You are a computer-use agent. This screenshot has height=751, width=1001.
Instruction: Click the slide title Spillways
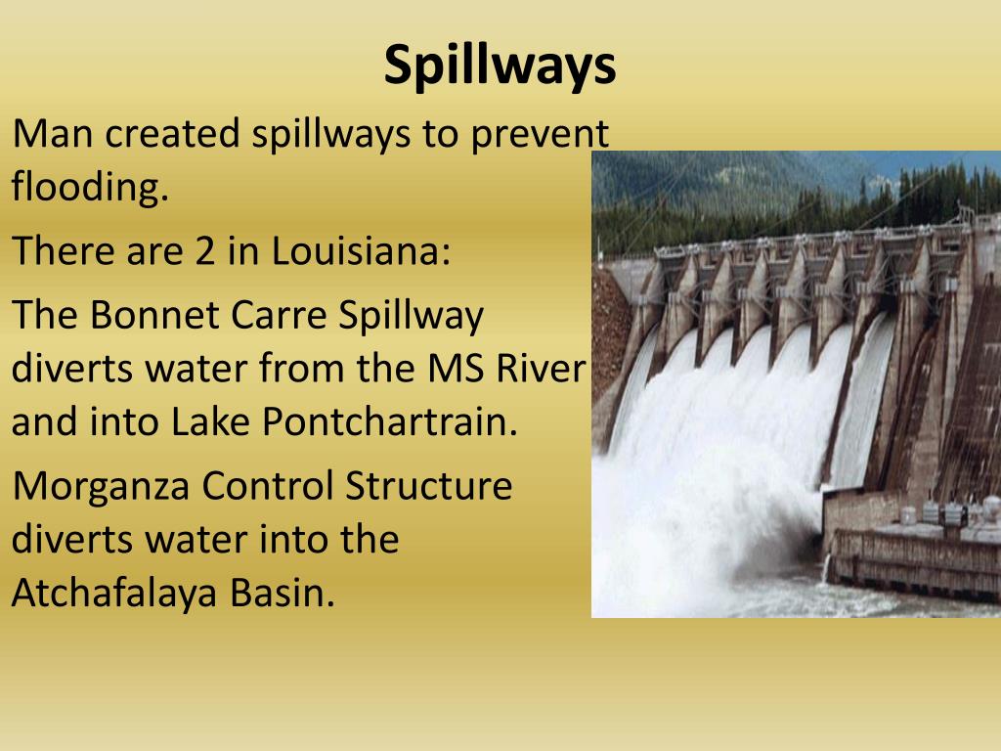pos(500,66)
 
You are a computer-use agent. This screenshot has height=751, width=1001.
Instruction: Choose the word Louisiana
pos(361,251)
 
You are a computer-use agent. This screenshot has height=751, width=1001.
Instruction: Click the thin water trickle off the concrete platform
pos(829,568)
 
